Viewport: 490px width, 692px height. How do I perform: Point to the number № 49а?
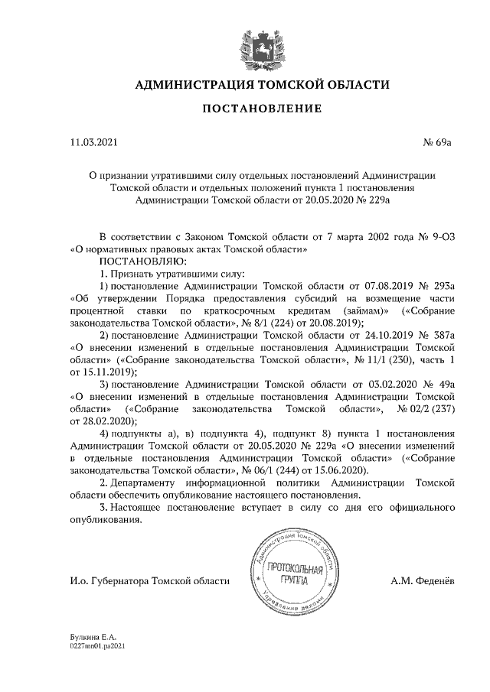pyautogui.click(x=442, y=385)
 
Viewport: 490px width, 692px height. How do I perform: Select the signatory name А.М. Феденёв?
pyautogui.click(x=423, y=581)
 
